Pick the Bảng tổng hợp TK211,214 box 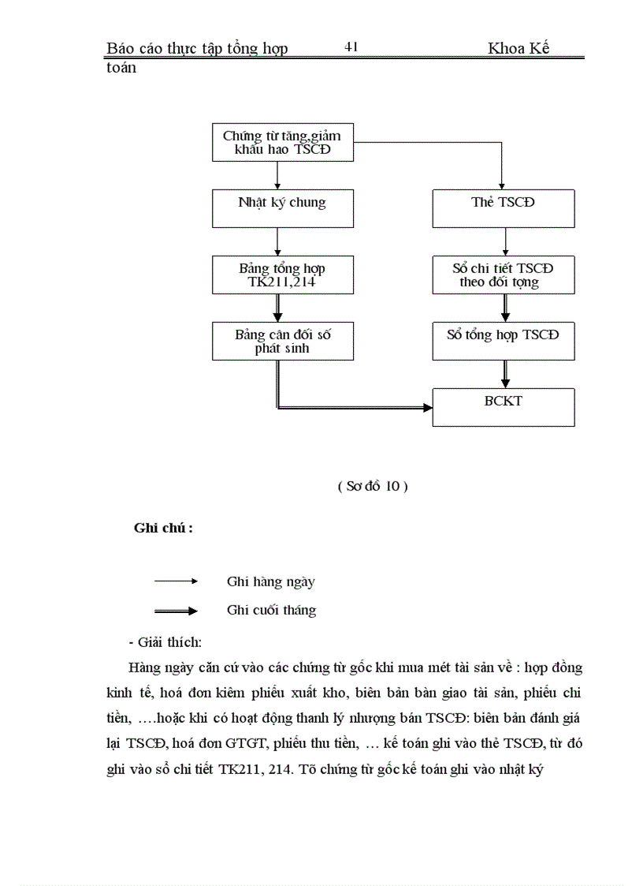pos(282,275)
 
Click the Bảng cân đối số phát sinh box pos(282,341)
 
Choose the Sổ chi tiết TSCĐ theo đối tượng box pos(503,275)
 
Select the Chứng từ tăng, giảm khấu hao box pos(282,143)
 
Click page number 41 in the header pos(351,47)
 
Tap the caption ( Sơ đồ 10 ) pos(372,487)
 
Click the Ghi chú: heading pos(163,529)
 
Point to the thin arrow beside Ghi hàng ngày pos(176,581)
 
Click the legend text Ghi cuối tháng pos(271,611)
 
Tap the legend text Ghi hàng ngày pos(270,582)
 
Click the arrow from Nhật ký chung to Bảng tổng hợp pos(277,241)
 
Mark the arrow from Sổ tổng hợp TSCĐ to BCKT pos(505,374)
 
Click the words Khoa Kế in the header pos(518,49)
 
